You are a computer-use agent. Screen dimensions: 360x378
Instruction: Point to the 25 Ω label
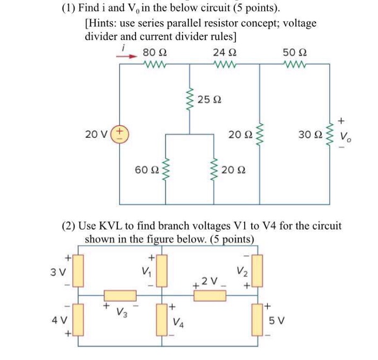tap(210, 99)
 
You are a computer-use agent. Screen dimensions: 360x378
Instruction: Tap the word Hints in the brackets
tap(103, 24)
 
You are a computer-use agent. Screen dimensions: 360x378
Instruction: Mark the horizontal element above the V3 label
tap(120, 296)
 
